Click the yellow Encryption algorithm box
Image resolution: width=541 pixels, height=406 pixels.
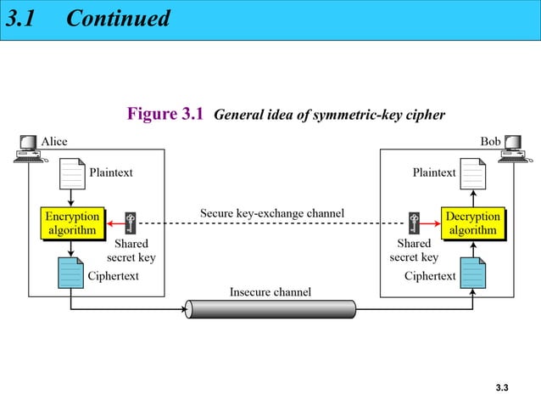[x=72, y=223]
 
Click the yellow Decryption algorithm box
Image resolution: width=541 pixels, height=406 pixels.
[x=472, y=223]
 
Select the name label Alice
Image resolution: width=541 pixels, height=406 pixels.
[x=54, y=141]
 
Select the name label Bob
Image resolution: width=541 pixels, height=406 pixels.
[x=490, y=141]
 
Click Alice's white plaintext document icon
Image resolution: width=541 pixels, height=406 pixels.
[x=72, y=173]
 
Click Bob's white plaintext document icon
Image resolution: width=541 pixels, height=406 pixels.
[x=472, y=173]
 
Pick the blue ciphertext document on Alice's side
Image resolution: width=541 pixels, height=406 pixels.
[x=71, y=273]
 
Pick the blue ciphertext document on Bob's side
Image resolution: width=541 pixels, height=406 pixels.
[x=472, y=273]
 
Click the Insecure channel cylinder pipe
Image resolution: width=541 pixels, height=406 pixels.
[x=270, y=308]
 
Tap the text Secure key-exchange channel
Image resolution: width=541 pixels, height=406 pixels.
[x=271, y=211]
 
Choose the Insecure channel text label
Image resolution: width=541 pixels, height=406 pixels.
[x=270, y=292]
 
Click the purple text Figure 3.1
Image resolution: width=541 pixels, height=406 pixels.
[x=165, y=114]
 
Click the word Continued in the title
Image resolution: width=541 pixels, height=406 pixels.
[x=118, y=18]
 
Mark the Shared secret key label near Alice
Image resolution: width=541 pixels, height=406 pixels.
[x=131, y=251]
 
